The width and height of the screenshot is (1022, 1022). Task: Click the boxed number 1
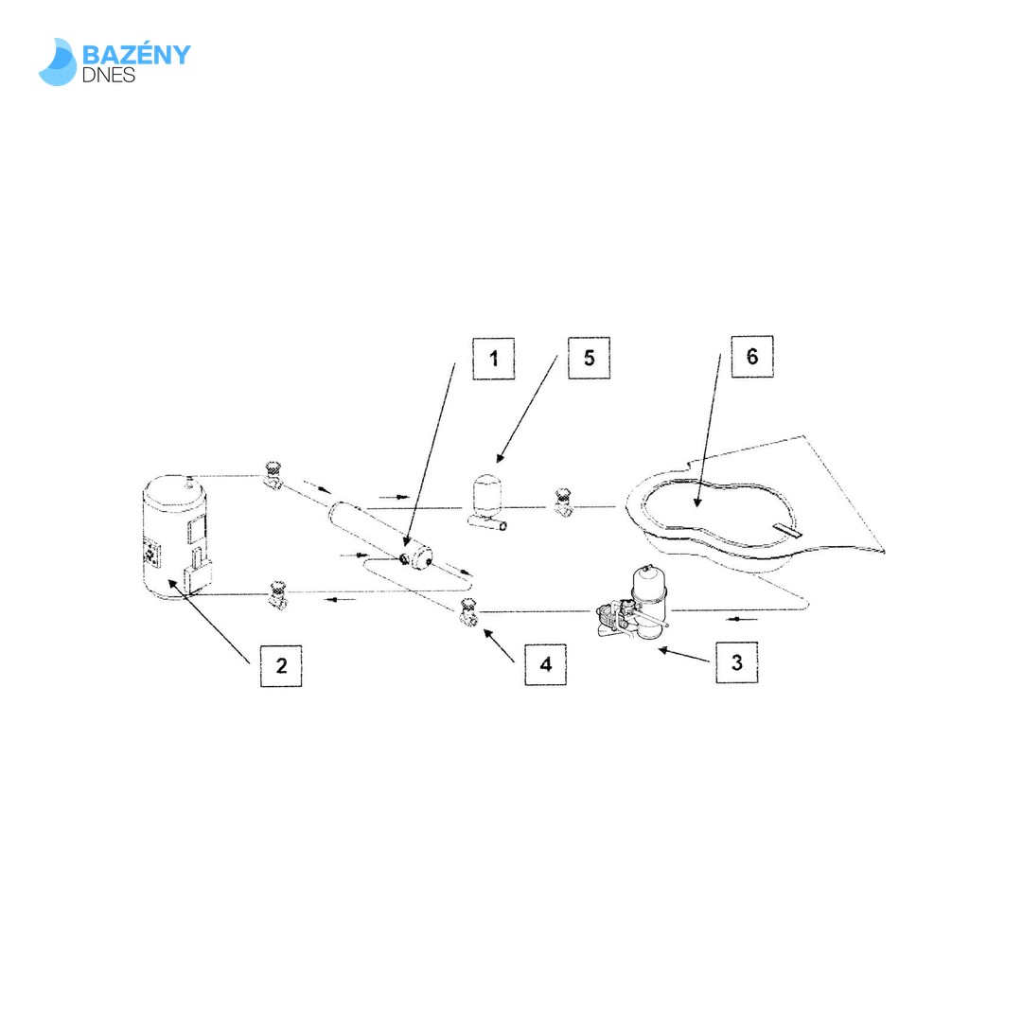[493, 358]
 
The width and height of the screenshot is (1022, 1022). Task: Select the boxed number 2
[281, 665]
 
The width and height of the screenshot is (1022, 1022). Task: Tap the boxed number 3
[736, 662]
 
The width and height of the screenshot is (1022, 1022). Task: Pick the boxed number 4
[546, 664]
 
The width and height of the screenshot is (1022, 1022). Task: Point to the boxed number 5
[590, 357]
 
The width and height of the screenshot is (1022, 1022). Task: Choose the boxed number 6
[752, 356]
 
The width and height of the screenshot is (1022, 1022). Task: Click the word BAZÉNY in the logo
[136, 55]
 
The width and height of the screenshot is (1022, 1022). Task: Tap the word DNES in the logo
[108, 75]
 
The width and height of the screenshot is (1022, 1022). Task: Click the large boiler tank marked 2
[176, 536]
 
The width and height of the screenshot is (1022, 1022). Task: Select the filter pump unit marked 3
[632, 603]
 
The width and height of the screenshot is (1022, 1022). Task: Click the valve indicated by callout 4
[468, 611]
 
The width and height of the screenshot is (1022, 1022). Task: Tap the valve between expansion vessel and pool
[562, 502]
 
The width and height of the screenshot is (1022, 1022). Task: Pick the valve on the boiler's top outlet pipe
[273, 474]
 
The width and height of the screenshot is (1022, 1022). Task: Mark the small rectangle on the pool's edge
[787, 531]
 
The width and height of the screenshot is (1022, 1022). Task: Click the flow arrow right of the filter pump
[742, 619]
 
